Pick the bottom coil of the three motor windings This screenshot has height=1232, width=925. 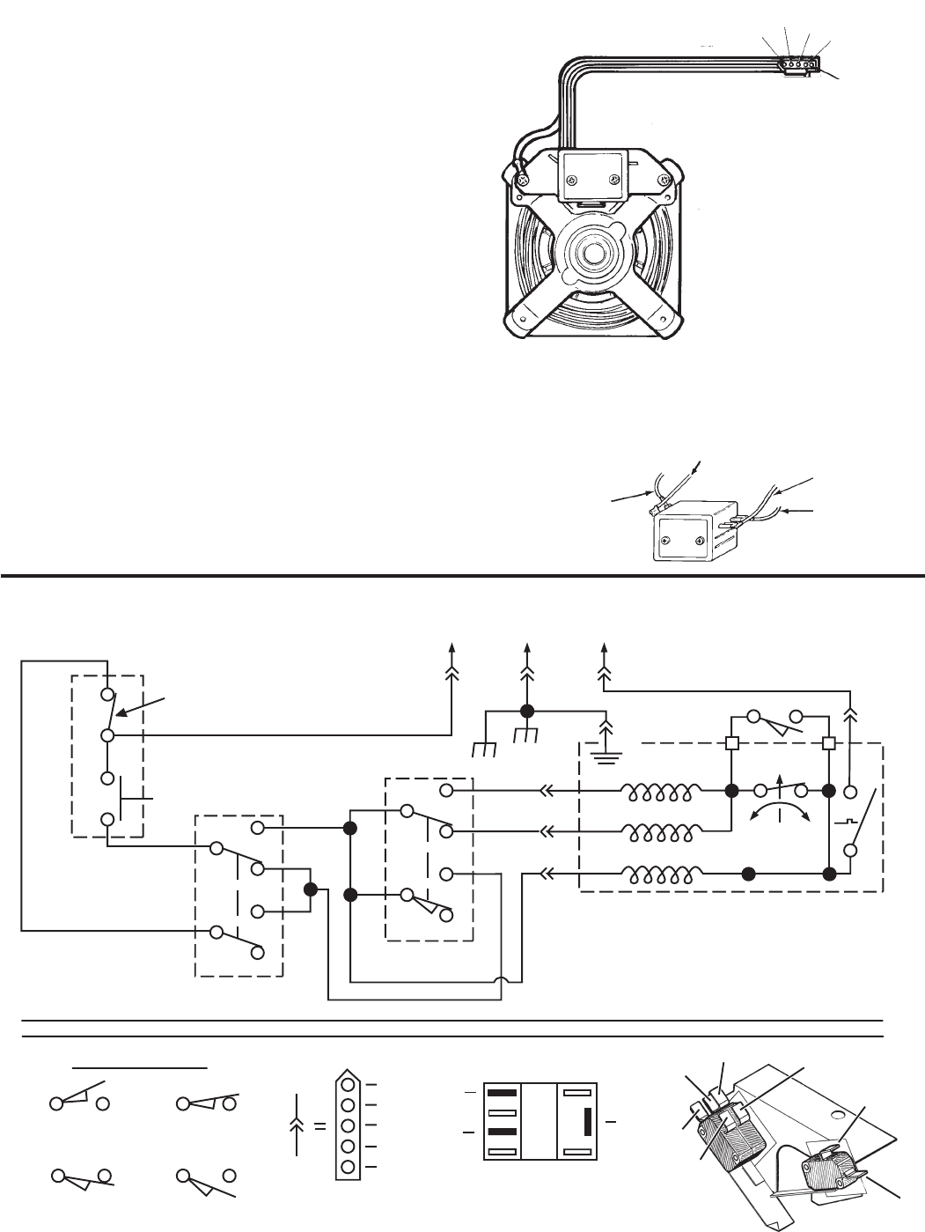pyautogui.click(x=661, y=874)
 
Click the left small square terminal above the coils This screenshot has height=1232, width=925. pyautogui.click(x=730, y=742)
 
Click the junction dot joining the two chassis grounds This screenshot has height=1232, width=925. pyautogui.click(x=527, y=712)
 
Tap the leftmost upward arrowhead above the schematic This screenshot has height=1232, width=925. pyautogui.click(x=452, y=650)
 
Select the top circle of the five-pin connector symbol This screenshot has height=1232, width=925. pyautogui.click(x=349, y=1085)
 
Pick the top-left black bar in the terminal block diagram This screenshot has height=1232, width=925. pyautogui.click(x=500, y=1093)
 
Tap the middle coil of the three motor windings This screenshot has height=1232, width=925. pyautogui.click(x=661, y=832)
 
